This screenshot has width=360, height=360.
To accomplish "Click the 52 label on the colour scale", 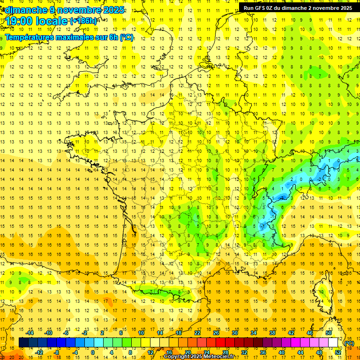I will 338,352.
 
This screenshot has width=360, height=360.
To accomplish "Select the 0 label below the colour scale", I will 93,352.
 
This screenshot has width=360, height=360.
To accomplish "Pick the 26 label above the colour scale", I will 216,333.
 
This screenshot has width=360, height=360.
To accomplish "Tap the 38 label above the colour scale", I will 272,333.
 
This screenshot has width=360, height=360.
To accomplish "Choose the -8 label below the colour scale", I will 57,352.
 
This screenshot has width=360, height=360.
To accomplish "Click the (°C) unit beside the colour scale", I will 349,343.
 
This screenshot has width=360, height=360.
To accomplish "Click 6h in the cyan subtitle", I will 114,37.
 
